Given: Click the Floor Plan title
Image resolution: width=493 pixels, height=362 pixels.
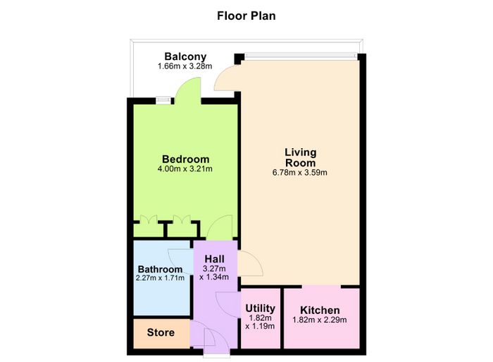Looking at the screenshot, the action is point(246,16).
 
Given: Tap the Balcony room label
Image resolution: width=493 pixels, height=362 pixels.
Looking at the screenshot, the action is point(185,56).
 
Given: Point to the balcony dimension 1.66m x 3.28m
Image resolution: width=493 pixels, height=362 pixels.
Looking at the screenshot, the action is point(185,66).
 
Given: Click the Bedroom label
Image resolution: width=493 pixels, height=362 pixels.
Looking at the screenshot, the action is point(185,159).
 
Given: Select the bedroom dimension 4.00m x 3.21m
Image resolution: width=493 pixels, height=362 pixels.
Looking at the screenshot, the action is point(185,169).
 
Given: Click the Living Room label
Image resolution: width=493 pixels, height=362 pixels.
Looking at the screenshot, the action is point(300,157).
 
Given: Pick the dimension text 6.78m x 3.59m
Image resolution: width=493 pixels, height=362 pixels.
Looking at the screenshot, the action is point(299,173).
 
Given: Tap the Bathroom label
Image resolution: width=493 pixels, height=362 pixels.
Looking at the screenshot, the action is point(160,270).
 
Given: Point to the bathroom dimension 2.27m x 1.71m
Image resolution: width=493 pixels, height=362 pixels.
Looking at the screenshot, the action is point(160,278).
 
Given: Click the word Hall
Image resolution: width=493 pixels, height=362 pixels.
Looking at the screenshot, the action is point(214,259).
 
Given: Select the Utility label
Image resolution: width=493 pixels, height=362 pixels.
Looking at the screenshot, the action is point(260,308).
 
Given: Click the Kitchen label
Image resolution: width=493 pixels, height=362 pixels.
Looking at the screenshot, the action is point(320,310).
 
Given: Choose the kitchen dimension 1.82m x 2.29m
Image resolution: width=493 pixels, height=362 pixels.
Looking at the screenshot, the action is point(320,320).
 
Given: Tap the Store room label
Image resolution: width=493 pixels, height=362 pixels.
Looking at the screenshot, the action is point(161,332).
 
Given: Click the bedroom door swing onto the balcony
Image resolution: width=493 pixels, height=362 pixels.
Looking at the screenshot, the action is point(188,91).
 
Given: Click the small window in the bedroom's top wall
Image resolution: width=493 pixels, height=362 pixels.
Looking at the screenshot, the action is point(163,100).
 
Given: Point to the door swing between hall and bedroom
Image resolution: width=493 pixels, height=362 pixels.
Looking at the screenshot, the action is point(220,227).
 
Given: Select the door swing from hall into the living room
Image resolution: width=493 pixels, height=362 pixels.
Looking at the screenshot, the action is point(250,264).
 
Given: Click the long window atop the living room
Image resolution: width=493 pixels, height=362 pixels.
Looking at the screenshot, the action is point(301,56).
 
